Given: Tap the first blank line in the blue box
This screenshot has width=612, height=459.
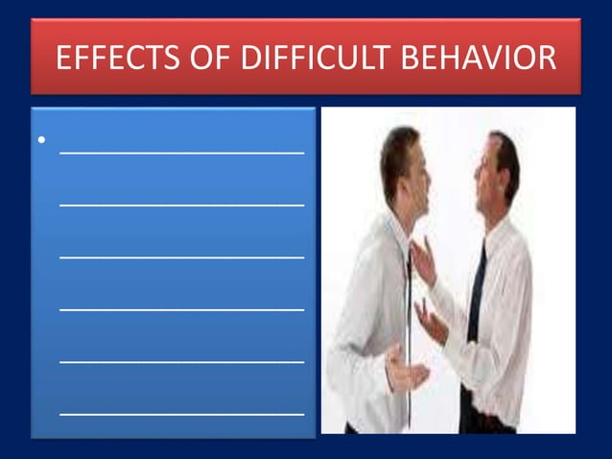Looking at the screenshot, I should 182,150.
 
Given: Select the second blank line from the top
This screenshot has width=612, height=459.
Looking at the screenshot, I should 182,203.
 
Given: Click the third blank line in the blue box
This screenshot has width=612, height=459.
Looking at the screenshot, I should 182,255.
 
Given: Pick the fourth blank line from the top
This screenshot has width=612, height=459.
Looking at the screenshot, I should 182,308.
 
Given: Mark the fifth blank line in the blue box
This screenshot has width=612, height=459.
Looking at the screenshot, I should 182,361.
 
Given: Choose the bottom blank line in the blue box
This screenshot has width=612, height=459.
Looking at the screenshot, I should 182,413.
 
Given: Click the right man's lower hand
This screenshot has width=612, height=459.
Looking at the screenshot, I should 431,322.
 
